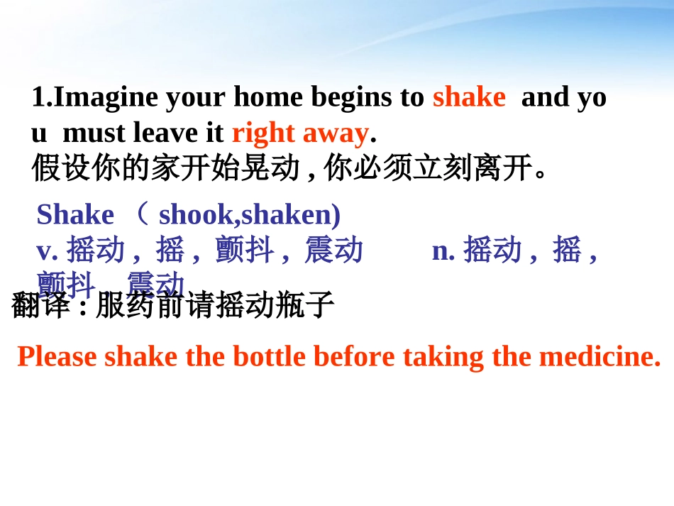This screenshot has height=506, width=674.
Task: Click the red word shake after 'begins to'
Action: (469, 97)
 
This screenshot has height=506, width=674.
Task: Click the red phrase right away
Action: (300, 133)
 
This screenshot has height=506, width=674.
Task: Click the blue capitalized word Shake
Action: (75, 214)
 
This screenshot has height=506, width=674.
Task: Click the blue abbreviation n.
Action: (443, 250)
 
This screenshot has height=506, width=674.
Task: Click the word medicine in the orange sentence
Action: (600, 356)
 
